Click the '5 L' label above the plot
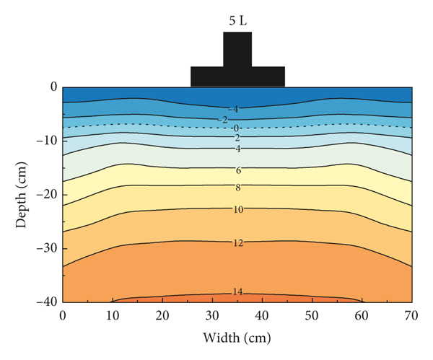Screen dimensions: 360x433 click(237, 20)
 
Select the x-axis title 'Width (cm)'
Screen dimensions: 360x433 click(237, 337)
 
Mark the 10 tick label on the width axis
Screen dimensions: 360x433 click(113, 315)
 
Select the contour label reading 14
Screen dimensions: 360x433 click(237, 292)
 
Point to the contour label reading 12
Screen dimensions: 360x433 click(237, 243)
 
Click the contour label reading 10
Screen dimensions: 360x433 click(237, 209)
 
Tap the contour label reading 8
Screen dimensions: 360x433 click(237, 188)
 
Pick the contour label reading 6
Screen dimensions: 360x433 click(237, 170)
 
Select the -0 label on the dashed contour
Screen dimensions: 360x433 click(235, 128)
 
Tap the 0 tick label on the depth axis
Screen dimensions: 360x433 click(52, 87)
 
